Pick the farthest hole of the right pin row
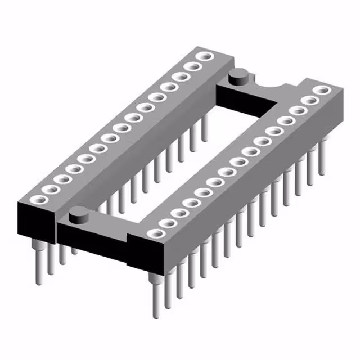[x=322, y=90]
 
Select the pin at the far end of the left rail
[x=205, y=127]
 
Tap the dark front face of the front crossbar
[x=93, y=242]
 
